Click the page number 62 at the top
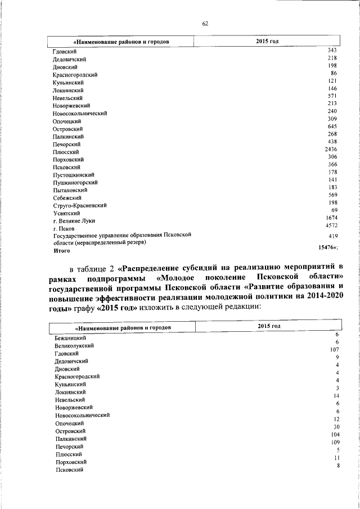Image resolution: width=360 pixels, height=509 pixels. tap(205, 23)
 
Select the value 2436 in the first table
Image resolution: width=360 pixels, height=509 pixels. tap(331, 149)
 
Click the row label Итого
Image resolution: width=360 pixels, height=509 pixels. tap(62, 251)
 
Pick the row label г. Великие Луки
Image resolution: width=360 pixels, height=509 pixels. tap(74, 221)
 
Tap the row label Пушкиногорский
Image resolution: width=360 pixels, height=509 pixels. tap(75, 183)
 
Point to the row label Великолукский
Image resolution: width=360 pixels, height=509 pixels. tap(74, 345)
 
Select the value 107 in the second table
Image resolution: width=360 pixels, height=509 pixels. tap(334, 349)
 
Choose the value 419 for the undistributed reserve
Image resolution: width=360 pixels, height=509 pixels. tap(332, 237)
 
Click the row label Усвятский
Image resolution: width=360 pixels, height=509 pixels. tap(66, 214)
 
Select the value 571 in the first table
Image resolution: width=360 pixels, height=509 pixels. tap(332, 96)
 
